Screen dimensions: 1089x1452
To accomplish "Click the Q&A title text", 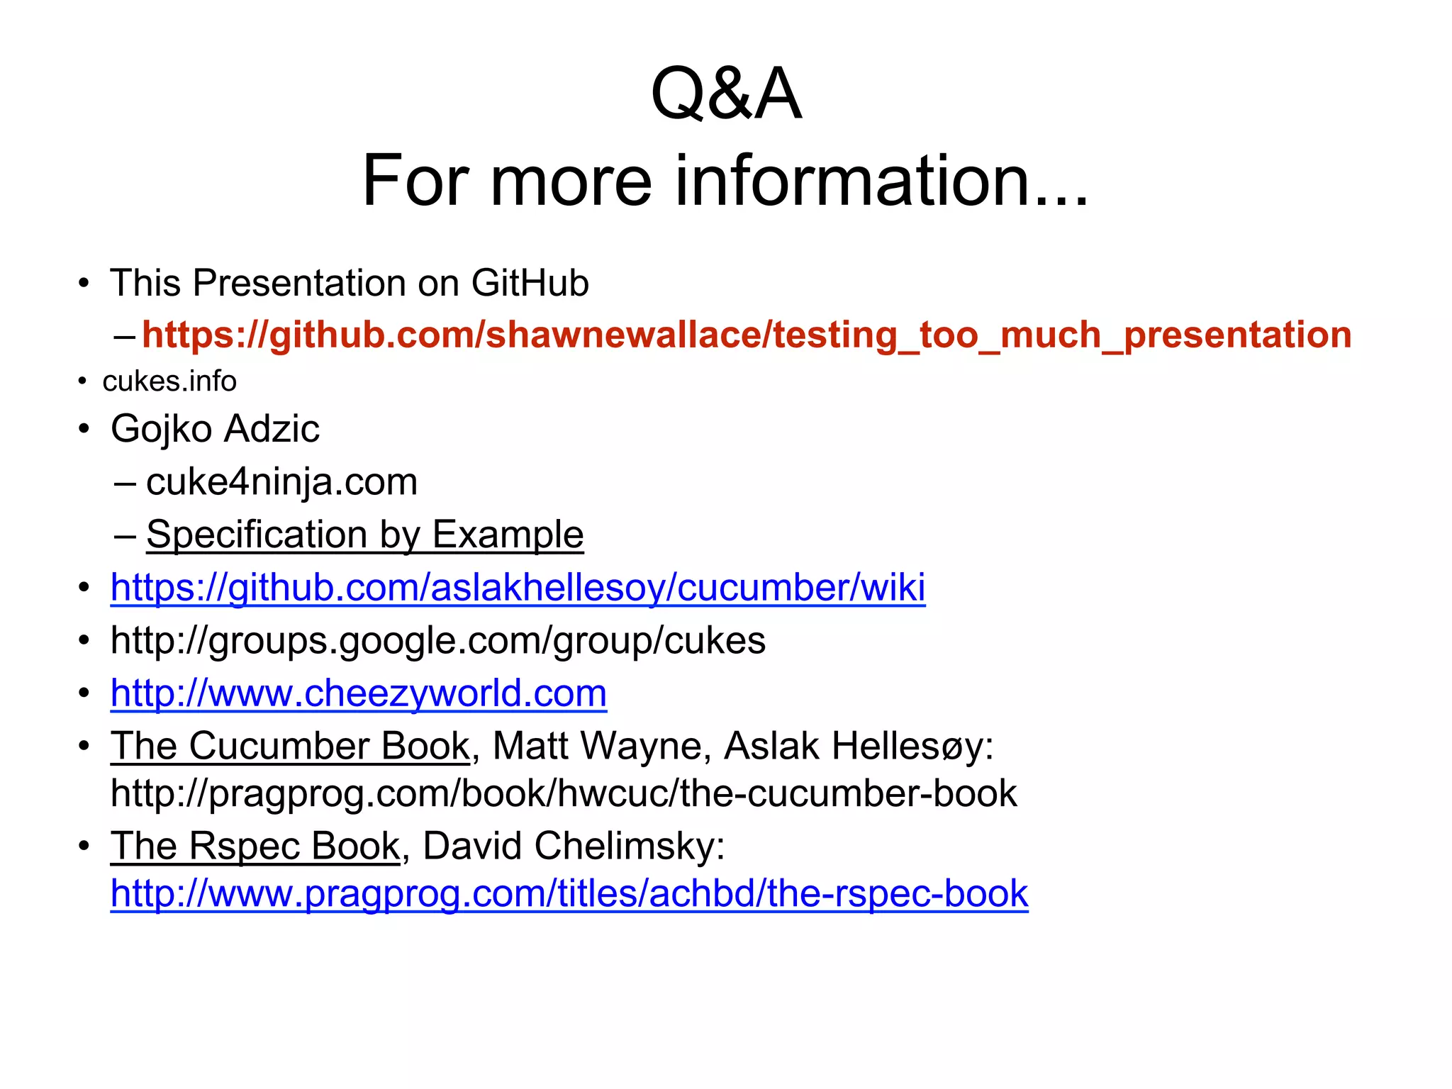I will [725, 94].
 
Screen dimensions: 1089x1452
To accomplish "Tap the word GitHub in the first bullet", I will [530, 284].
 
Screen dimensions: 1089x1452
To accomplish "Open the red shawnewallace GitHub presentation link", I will [746, 335].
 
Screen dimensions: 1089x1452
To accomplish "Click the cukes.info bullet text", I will [169, 381].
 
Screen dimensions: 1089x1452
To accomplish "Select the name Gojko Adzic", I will [215, 429].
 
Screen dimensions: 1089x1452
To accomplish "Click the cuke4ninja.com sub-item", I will [281, 482].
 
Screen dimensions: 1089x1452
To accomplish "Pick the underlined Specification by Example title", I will [364, 535].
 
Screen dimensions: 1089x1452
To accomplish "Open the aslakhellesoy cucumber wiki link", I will [518, 588].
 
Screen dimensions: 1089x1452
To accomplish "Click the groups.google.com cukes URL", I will [437, 641].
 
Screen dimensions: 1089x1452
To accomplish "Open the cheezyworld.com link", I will [358, 693].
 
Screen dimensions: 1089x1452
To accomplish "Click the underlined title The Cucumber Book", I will [290, 746].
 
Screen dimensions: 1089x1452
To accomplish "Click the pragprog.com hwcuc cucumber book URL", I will [564, 793].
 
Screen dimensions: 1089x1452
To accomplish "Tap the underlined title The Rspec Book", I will [255, 846].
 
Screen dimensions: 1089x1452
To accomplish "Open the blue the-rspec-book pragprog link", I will [569, 893].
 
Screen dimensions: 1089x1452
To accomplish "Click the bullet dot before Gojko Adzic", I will [84, 429].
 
